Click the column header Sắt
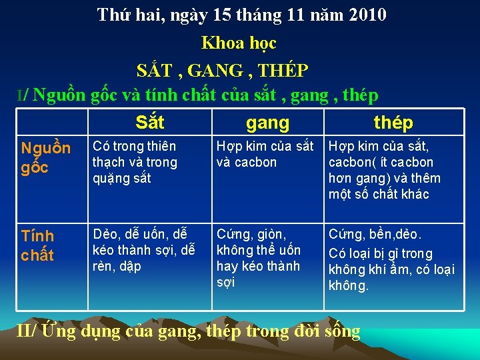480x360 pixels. point(149,122)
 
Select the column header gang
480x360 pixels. point(267,123)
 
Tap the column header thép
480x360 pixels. point(393,123)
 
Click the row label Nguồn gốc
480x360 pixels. point(45,158)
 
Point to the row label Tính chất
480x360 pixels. point(38,245)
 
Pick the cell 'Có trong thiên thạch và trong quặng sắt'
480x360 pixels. point(135,162)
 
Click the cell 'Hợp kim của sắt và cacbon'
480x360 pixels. point(265,154)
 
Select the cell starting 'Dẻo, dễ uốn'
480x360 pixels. point(143,250)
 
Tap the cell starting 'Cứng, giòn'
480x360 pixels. point(259,258)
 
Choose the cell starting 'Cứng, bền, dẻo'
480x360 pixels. point(393,260)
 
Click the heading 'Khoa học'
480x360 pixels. point(239,43)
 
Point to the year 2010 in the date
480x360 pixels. point(367,15)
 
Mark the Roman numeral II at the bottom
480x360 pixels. point(25,330)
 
